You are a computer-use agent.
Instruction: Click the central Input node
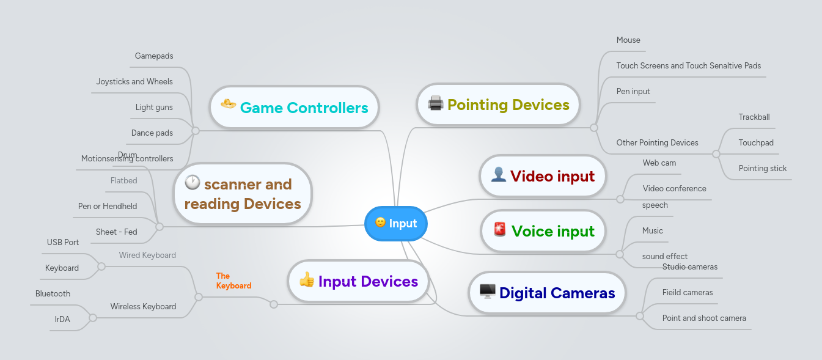pos(396,224)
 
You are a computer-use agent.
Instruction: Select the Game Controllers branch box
pos(294,108)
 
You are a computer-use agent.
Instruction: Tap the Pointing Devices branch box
pos(499,105)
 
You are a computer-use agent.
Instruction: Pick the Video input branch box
pos(543,177)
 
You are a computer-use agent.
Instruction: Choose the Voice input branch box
pos(543,231)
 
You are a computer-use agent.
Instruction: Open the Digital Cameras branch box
pos(547,293)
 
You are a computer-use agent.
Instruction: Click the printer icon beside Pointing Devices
pos(435,103)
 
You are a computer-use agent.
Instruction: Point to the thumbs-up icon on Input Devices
pos(306,280)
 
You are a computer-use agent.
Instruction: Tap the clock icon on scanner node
pos(192,182)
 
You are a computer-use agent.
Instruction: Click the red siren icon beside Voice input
pos(499,230)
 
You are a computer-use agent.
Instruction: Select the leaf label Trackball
pos(754,117)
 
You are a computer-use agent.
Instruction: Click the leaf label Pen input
pos(633,92)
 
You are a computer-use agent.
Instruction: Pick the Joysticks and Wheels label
pos(134,82)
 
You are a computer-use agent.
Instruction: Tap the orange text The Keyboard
pos(233,281)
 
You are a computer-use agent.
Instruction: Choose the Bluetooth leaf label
pos(53,294)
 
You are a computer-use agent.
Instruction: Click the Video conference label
pos(674,189)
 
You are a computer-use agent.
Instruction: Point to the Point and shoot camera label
pos(704,318)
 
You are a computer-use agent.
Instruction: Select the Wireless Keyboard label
pos(143,307)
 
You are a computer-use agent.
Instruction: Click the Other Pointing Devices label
pos(657,143)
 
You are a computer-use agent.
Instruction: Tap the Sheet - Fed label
pos(116,232)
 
